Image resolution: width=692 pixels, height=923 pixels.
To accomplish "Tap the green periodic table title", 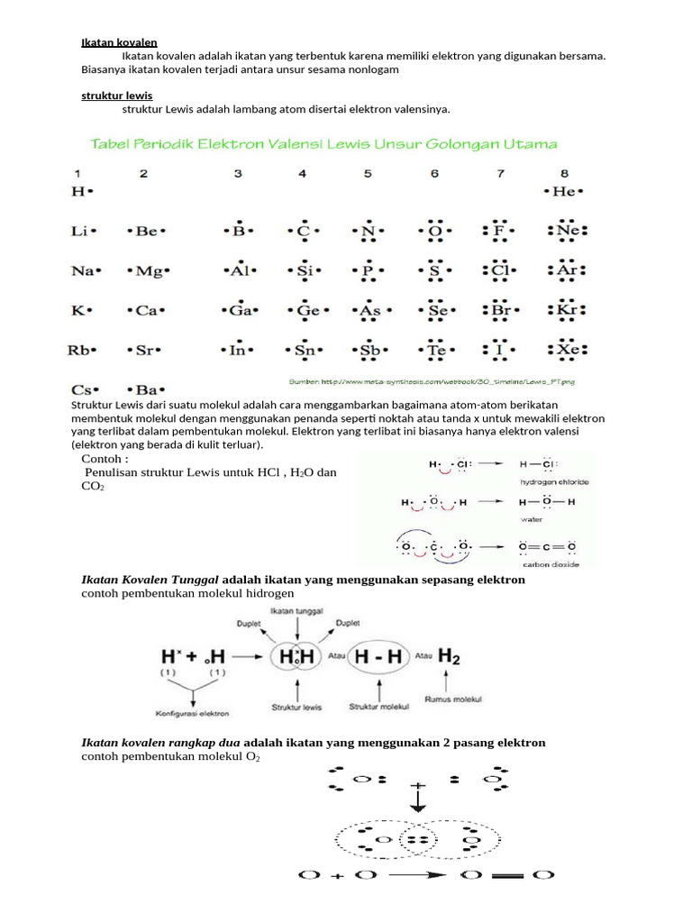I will click(x=322, y=143).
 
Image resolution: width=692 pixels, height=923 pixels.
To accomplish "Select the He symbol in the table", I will click(x=564, y=191).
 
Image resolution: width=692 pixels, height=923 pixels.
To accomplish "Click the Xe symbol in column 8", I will click(x=566, y=350).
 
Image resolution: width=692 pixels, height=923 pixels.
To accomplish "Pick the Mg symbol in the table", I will click(x=148, y=270).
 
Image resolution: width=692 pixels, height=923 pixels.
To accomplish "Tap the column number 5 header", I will click(x=368, y=173).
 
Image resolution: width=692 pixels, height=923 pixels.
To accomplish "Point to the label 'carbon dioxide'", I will click(x=550, y=564).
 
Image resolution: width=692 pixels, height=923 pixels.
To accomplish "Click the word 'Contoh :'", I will click(x=105, y=457).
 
